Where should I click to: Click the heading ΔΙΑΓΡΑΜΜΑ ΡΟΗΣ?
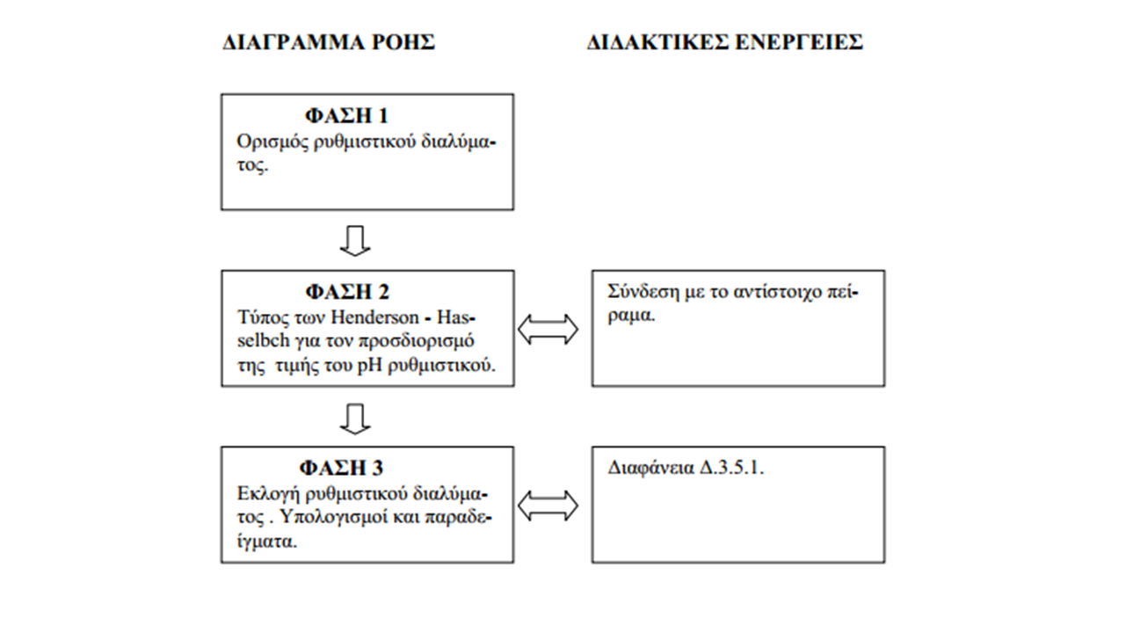point(329,42)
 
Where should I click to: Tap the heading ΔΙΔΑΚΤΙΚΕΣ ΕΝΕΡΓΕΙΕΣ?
point(725,42)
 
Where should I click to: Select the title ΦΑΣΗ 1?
point(347,116)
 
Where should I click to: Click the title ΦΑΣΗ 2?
point(347,292)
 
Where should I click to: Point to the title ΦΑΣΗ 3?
point(341,468)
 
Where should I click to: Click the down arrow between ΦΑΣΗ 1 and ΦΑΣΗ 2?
point(355,241)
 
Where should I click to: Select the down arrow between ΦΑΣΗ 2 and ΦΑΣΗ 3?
point(355,418)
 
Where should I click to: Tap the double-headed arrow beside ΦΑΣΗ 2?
point(548,330)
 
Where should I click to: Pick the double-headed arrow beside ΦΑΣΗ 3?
point(548,506)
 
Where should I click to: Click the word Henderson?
point(374,317)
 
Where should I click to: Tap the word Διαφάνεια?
point(650,469)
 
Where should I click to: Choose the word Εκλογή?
point(268,494)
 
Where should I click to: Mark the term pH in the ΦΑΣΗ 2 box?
point(369,366)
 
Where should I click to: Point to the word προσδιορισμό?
point(416,341)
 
